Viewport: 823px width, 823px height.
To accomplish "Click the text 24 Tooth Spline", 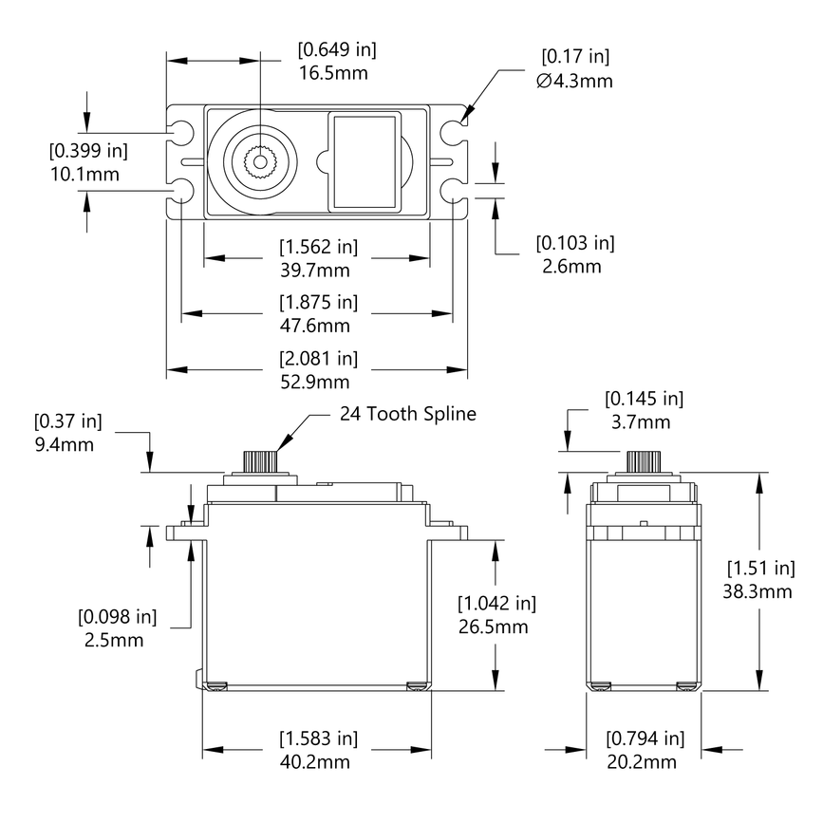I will pos(407,414).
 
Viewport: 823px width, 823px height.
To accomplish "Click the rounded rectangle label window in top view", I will pos(363,161).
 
